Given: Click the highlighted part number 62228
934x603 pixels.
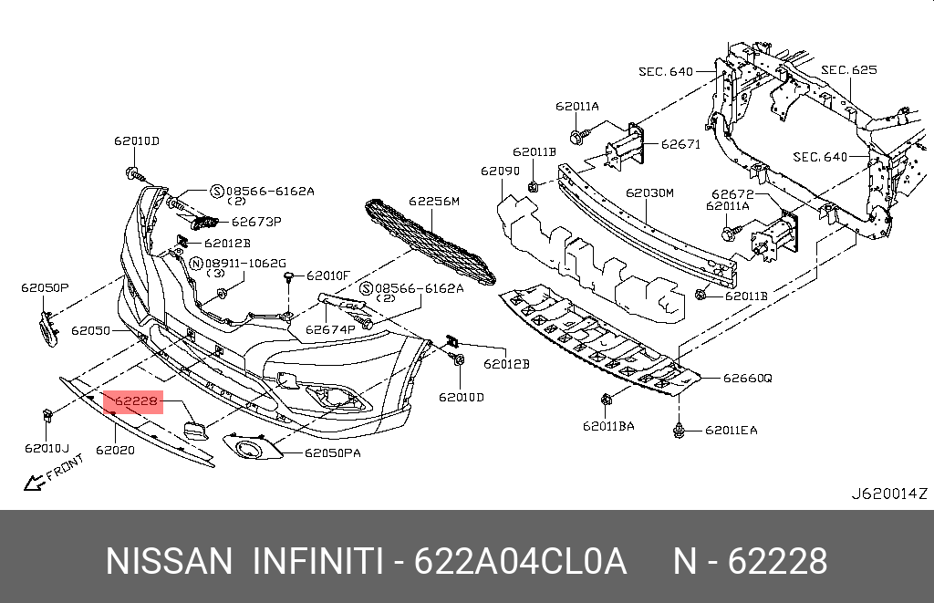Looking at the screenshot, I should click(137, 400).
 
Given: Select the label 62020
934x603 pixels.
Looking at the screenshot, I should click(115, 450).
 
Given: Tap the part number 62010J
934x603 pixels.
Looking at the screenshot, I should click(47, 448).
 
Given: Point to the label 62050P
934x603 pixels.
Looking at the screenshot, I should click(45, 287).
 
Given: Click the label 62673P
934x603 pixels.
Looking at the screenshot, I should click(255, 221).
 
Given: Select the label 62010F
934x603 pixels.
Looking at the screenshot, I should click(328, 275).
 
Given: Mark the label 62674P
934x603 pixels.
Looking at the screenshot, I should click(329, 329).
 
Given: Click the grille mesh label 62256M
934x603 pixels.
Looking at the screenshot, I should click(433, 201).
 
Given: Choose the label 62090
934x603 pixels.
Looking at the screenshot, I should click(500, 171).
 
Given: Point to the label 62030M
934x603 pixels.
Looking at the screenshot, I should click(649, 193).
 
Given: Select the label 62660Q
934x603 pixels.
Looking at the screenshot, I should click(748, 377).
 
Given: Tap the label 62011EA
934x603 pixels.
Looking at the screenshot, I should click(731, 430).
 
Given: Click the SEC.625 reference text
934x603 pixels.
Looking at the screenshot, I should click(848, 69).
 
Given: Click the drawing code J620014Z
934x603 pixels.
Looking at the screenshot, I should click(888, 494).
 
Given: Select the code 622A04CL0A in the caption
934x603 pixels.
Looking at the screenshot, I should click(521, 561).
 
